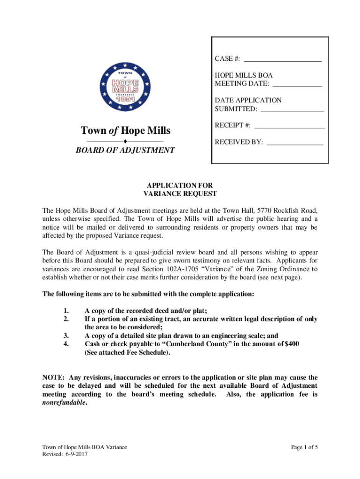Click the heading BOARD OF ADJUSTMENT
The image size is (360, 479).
(x=125, y=150)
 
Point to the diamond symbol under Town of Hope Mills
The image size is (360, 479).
(x=125, y=141)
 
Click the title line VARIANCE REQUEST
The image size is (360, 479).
(x=180, y=194)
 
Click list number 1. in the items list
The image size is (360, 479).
(x=66, y=311)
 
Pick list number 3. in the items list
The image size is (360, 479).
(x=66, y=336)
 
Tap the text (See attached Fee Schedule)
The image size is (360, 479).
(x=127, y=353)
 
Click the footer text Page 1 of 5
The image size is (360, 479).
(x=304, y=448)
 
